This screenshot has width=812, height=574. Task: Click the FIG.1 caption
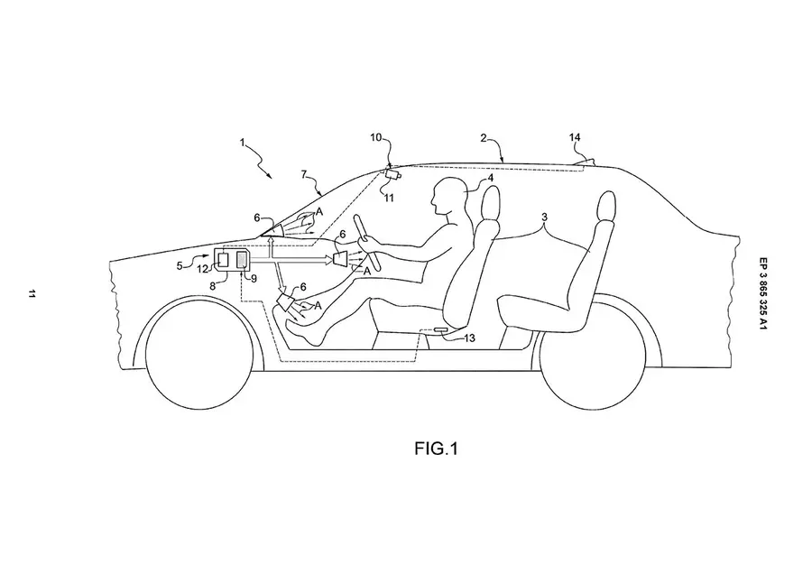[x=436, y=449]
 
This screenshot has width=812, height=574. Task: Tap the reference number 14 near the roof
[x=575, y=137]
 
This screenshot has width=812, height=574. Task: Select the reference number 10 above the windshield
[x=375, y=137]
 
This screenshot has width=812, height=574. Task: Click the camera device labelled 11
[x=393, y=174]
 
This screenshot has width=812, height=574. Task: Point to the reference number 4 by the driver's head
[x=491, y=179]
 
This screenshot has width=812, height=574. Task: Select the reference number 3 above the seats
[x=544, y=218]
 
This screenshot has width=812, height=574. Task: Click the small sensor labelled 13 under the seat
[x=443, y=330]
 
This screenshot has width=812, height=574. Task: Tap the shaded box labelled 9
[x=241, y=259]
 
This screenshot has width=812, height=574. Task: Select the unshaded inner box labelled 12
[x=223, y=259]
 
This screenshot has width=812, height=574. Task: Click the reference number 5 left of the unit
[x=180, y=265]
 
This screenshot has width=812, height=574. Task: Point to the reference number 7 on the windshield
[x=304, y=174]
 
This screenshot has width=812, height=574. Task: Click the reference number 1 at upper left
[x=243, y=142]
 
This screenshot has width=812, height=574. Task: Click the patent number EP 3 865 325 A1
[x=762, y=293]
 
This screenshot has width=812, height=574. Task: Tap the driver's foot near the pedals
[x=306, y=331]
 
